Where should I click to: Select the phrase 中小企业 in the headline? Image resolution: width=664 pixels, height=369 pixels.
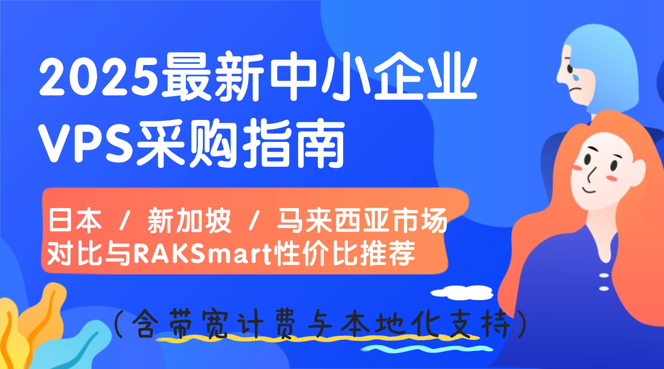373,77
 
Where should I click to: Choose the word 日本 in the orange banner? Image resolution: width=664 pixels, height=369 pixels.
75,220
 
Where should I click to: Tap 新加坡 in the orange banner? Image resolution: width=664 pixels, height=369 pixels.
189,220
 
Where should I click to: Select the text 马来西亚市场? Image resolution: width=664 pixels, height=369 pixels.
362,220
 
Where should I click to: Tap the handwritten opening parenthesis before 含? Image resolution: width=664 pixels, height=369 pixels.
118,324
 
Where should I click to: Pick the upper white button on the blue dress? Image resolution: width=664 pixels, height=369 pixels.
604,275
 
